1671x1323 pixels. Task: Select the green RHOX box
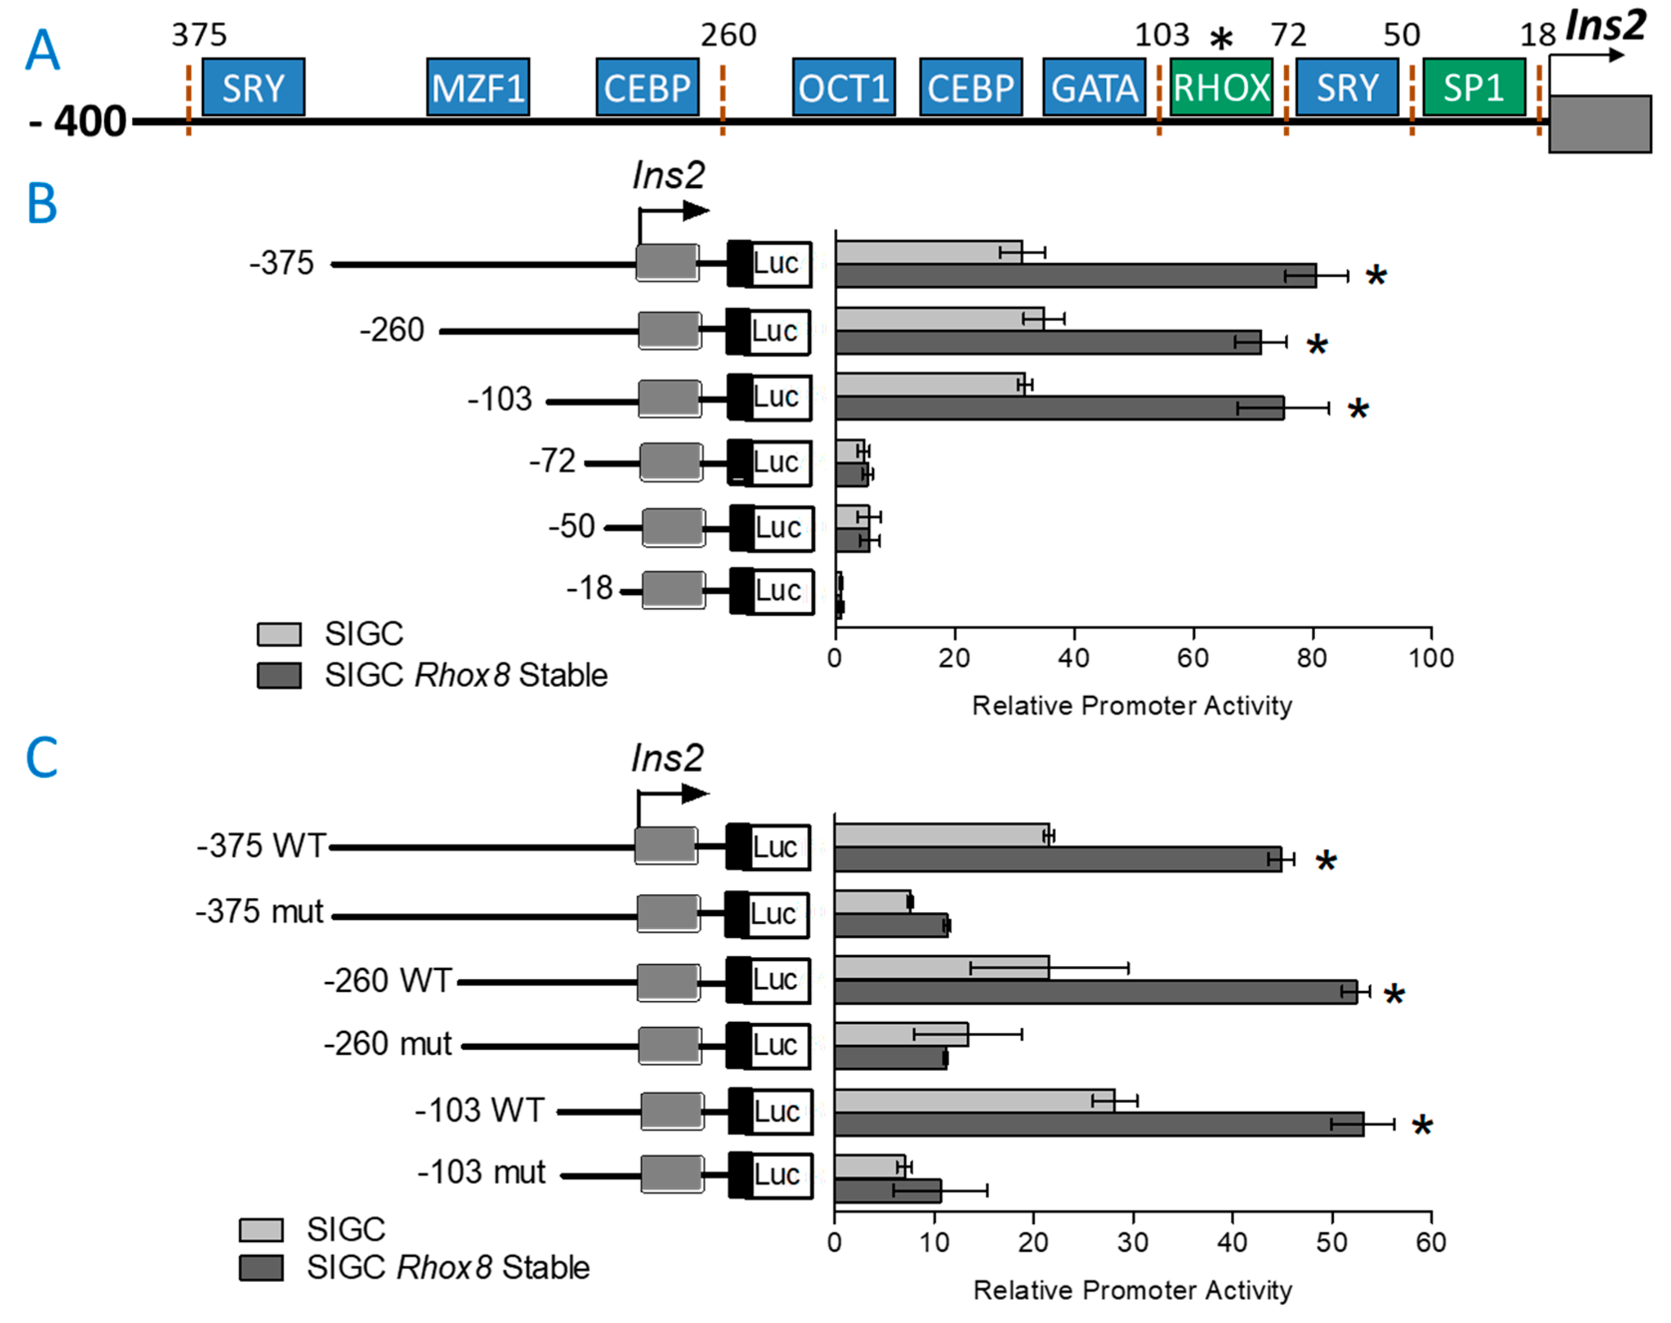point(1221,87)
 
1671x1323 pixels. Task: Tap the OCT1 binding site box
point(843,87)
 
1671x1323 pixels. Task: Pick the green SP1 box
point(1474,87)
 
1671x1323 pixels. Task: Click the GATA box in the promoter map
point(1094,87)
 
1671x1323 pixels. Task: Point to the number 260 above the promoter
point(728,35)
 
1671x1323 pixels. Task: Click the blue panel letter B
point(42,204)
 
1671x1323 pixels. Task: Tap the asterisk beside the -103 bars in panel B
point(1357,410)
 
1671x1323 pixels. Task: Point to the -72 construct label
point(552,462)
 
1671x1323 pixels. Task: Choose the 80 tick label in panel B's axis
point(1312,659)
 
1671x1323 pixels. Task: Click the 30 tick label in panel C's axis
point(1133,1242)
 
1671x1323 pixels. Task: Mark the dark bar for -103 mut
point(888,1190)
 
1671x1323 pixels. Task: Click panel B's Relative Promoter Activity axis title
point(1132,706)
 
